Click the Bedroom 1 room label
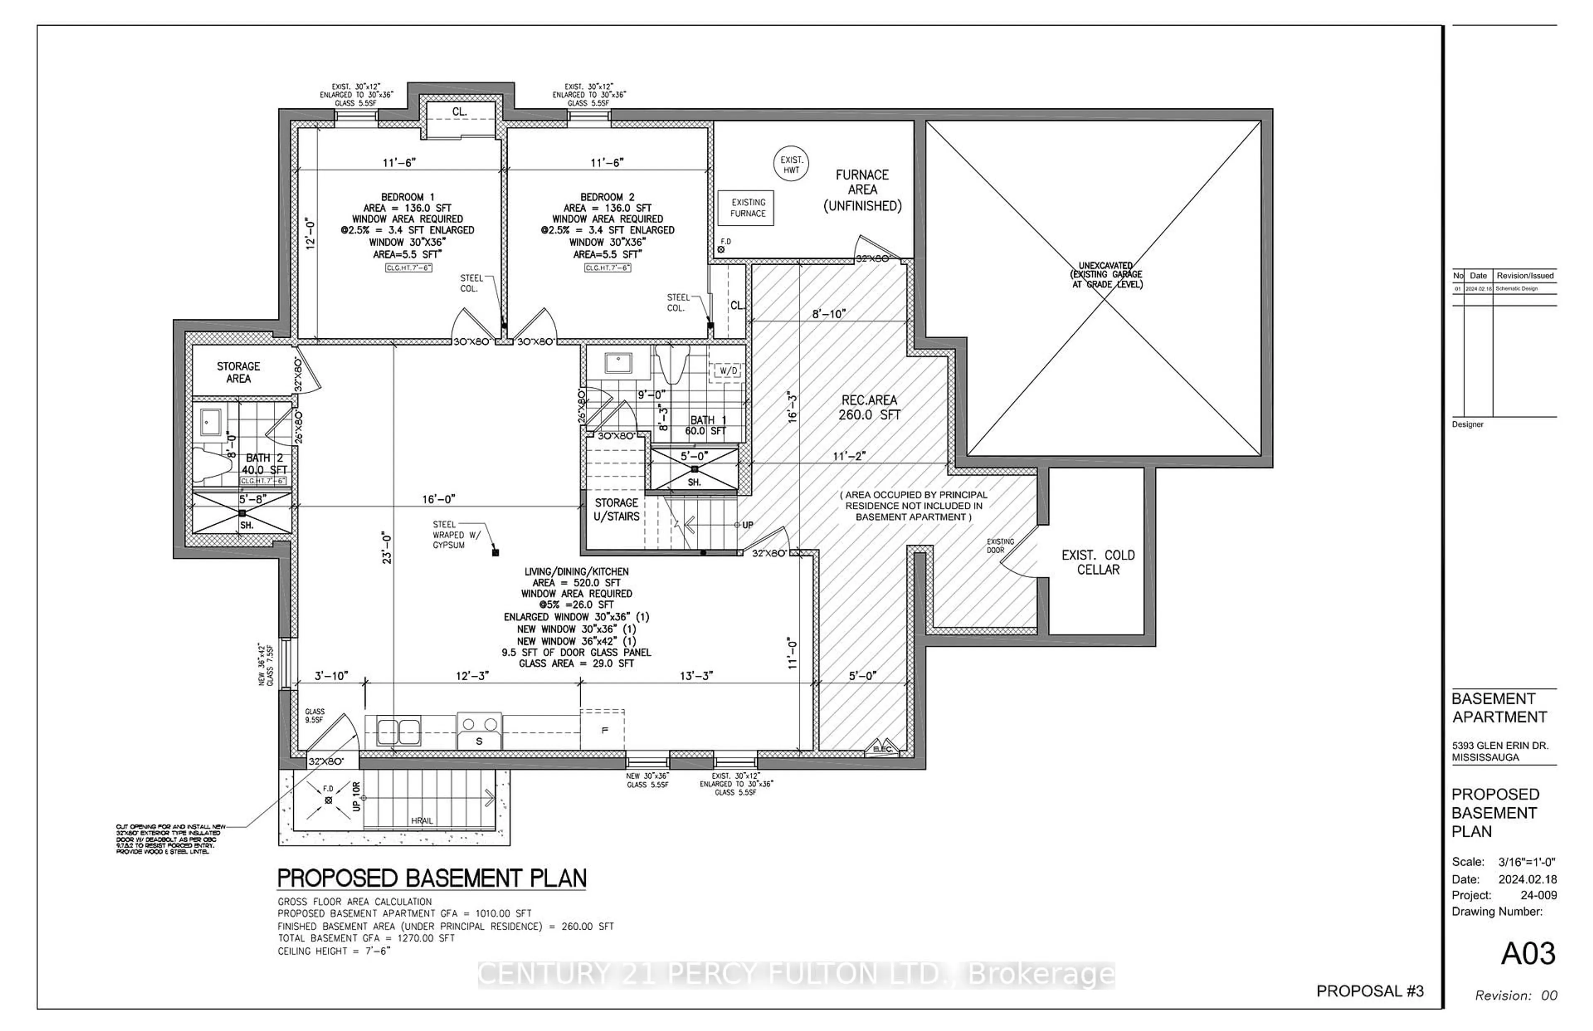point(407,197)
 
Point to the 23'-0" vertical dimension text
point(387,547)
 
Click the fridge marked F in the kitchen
point(604,730)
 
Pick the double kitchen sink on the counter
point(398,731)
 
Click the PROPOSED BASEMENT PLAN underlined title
point(431,878)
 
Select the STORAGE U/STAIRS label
point(616,509)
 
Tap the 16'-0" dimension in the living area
point(438,499)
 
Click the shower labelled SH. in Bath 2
point(242,513)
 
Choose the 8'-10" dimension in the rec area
point(828,314)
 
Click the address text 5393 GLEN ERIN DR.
point(1499,745)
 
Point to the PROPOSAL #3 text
point(1369,991)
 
